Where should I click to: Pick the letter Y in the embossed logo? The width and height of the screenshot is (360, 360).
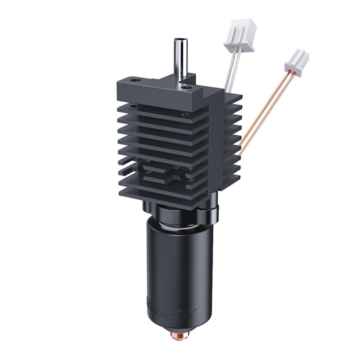193,313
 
